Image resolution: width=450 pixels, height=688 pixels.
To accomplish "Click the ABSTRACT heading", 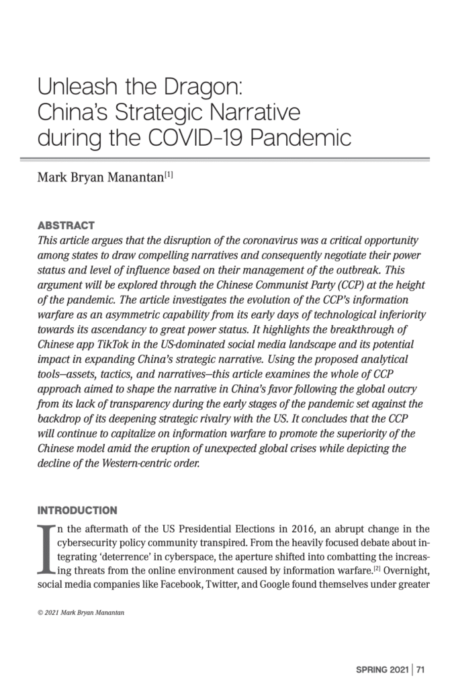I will pos(66,225).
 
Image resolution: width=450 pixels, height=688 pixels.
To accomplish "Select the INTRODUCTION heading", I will pos(77,510).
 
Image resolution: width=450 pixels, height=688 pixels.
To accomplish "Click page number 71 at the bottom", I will pos(421,669).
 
